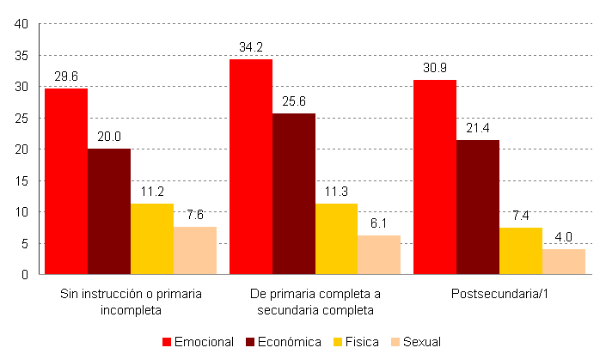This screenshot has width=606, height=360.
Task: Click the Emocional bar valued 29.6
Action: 66,181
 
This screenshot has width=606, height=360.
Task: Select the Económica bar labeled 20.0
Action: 109,211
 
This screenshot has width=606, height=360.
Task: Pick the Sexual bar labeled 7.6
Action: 195,250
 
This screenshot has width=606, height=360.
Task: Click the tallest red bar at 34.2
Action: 250,167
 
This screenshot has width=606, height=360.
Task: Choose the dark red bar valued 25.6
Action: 293,193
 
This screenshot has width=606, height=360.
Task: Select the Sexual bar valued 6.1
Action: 379,254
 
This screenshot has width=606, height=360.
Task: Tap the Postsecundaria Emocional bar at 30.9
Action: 435,177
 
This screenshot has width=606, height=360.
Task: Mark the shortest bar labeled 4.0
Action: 564,261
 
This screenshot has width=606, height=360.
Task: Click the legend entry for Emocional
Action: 198,342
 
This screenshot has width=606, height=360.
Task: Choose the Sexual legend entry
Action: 415,342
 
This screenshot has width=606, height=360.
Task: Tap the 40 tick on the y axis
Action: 22,24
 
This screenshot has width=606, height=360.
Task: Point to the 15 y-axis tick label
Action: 22,181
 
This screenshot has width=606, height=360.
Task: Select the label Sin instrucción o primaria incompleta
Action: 131,302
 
